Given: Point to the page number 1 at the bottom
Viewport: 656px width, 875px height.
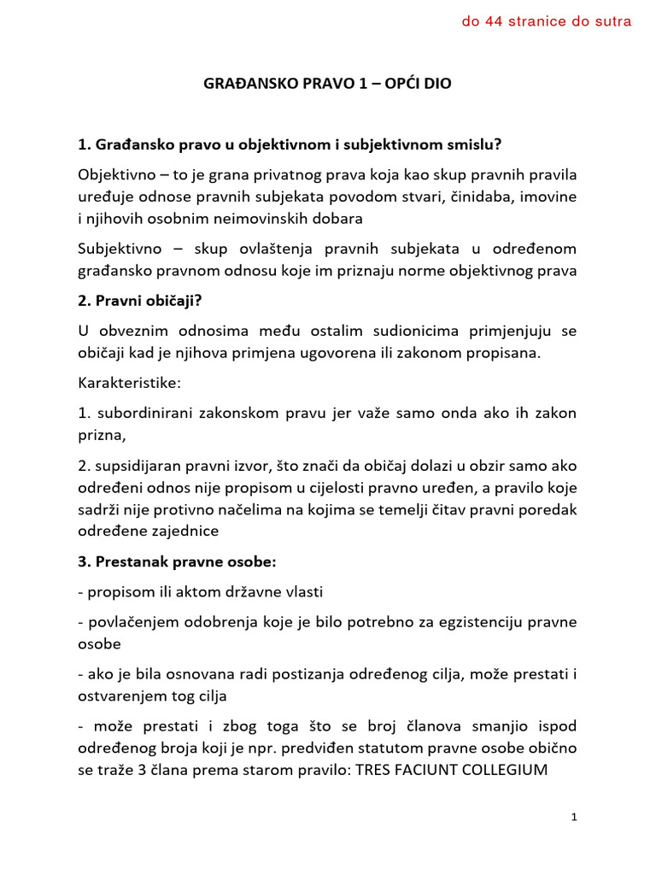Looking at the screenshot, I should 574,818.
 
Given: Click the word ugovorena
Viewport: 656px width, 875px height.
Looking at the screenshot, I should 335,354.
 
